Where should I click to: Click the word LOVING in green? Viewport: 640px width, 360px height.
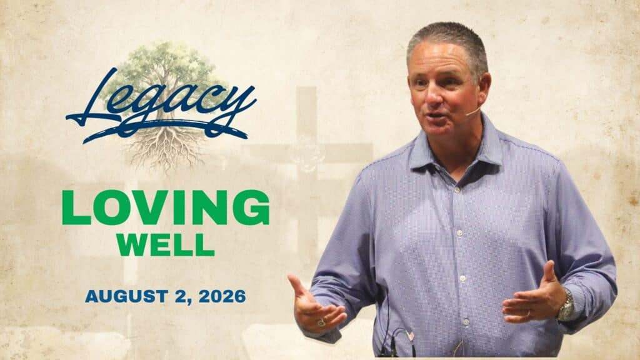point(166,207)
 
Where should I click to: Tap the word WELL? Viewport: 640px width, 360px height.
point(165,245)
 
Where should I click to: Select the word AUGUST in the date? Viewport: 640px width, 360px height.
point(126,296)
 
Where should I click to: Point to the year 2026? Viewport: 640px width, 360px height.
point(222,296)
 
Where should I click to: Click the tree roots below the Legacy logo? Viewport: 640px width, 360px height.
point(165,149)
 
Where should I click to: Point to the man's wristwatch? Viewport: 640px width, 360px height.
point(566,305)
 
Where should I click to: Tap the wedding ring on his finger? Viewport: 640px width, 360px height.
point(528,314)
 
